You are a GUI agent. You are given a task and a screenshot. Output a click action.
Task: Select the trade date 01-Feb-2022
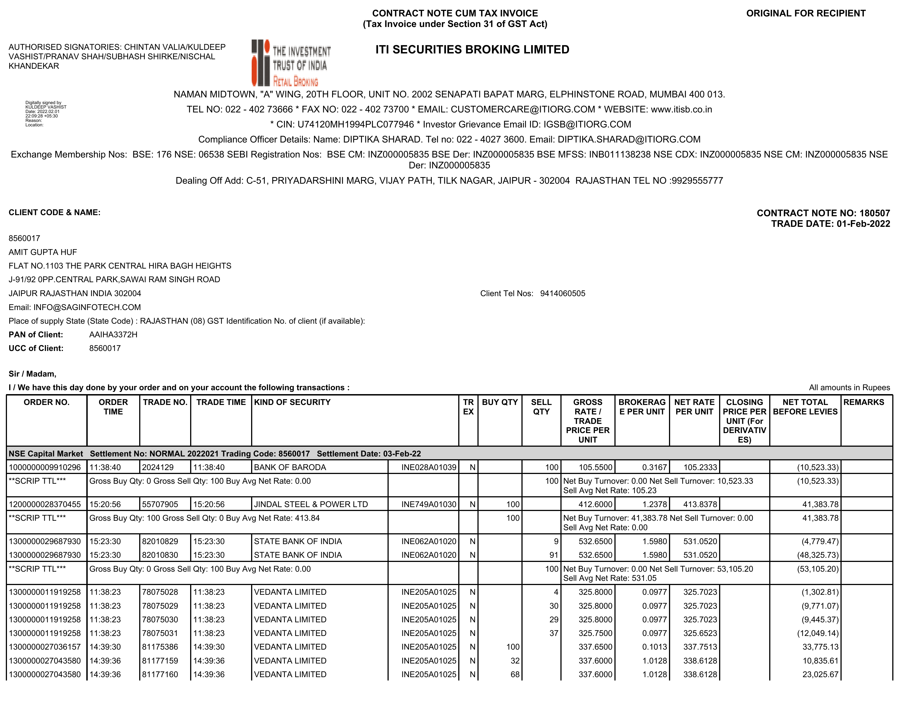tap(863, 224)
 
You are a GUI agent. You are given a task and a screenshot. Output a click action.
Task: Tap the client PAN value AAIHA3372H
tap(113, 335)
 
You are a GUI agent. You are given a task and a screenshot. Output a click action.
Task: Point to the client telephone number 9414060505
tap(563, 294)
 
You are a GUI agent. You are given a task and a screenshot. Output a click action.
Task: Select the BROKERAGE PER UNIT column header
tap(642, 407)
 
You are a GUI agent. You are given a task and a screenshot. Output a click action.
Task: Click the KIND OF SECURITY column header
tap(292, 402)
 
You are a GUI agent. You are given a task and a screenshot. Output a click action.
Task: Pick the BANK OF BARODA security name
tap(290, 467)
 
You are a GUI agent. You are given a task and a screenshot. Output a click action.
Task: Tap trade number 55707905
tap(160, 504)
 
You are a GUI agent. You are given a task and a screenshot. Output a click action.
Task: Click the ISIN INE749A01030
tap(428, 504)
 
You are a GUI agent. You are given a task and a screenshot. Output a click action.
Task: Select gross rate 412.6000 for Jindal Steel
tap(595, 504)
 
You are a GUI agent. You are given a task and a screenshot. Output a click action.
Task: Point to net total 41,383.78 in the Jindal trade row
tap(820, 504)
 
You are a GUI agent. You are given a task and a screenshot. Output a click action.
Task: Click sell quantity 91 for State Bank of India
tap(553, 555)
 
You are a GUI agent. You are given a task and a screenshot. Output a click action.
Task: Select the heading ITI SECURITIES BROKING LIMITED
tap(472, 50)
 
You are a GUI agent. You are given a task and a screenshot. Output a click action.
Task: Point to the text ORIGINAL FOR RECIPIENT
tap(806, 13)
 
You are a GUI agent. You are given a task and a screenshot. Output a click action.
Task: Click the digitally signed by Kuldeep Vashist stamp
tap(45, 114)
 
